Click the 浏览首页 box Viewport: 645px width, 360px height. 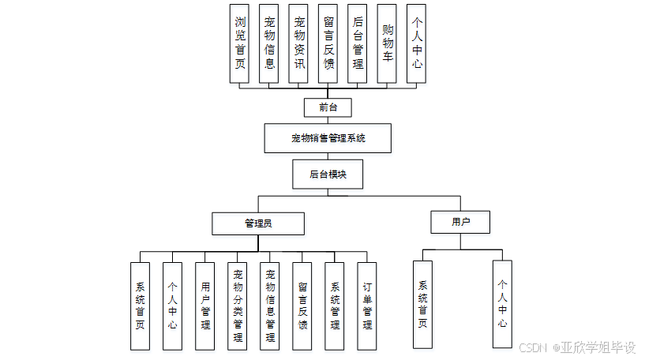(x=239, y=43)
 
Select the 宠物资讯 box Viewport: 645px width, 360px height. (x=298, y=43)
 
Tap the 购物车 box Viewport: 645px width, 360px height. (x=387, y=43)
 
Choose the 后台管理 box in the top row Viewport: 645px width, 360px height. (x=358, y=43)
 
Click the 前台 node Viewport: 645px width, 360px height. (x=327, y=107)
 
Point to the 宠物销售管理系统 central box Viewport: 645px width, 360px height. (x=328, y=139)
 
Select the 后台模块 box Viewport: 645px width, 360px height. (x=328, y=174)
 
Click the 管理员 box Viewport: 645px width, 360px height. (x=258, y=223)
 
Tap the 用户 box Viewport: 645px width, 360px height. (x=460, y=222)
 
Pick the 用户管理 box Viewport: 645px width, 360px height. (x=205, y=306)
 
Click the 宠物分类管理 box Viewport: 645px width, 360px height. (x=238, y=306)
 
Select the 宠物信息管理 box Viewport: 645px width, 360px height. (x=270, y=306)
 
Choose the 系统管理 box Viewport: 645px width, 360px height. (x=335, y=306)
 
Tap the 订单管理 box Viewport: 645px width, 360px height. (x=367, y=306)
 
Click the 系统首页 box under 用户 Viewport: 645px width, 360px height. (x=422, y=304)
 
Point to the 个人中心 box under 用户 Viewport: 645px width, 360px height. (x=502, y=304)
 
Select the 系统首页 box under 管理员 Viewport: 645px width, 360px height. (x=141, y=306)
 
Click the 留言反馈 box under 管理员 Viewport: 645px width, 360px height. (x=302, y=306)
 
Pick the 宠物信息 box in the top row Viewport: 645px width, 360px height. (x=269, y=43)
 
